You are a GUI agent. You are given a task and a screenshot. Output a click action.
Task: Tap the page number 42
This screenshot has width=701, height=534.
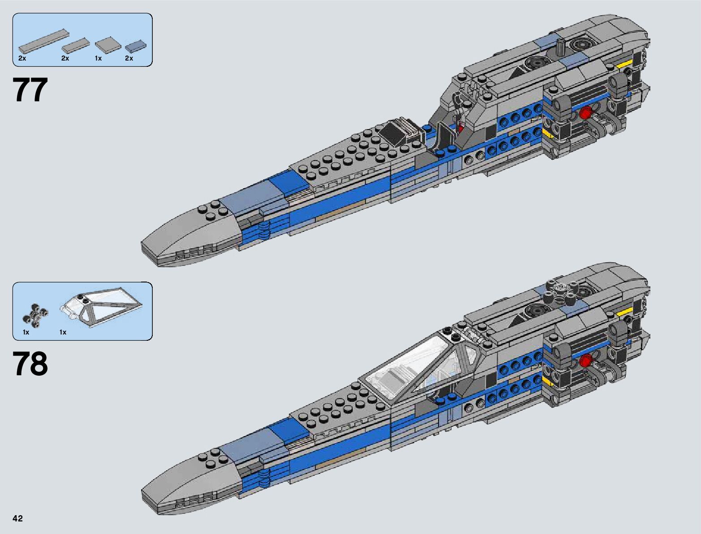coord(18,519)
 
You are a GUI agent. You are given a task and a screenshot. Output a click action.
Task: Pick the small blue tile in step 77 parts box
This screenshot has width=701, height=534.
coord(135,45)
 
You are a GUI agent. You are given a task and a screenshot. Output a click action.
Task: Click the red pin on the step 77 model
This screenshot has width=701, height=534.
coord(584,114)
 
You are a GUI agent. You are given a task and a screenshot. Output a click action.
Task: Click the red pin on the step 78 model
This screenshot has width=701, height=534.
coord(584,360)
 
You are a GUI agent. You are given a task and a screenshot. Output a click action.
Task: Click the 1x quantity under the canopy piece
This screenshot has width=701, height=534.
coord(63,332)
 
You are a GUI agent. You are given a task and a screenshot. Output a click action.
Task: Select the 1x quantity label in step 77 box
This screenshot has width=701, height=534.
coord(98,59)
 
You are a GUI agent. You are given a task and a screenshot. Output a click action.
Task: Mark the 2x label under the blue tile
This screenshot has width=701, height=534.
coord(129,59)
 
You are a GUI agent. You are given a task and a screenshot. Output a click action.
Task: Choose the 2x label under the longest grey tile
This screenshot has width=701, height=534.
coord(22,59)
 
